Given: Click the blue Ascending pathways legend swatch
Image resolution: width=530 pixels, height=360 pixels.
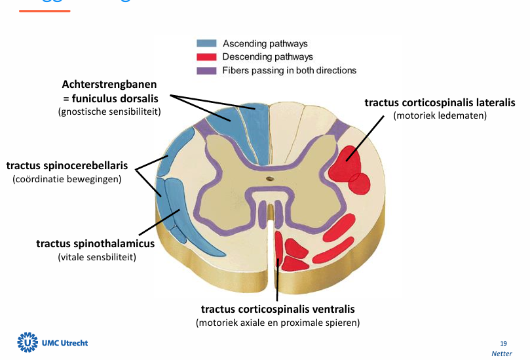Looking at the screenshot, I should click(x=206, y=44).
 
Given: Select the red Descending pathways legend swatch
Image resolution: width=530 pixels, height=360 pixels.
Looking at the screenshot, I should click(x=206, y=57).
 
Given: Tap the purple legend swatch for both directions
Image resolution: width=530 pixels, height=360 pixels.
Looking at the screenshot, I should click(x=206, y=70).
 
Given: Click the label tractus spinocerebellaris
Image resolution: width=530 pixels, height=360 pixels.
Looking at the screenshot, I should click(x=67, y=165).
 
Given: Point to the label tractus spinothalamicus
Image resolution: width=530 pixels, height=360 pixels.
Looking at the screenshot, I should click(x=95, y=244).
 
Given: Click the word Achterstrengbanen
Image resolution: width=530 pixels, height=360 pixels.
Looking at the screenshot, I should click(x=109, y=85).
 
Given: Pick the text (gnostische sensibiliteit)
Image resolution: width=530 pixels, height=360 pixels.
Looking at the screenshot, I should click(x=109, y=112).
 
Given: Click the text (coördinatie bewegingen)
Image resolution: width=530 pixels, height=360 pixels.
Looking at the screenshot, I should click(x=67, y=178).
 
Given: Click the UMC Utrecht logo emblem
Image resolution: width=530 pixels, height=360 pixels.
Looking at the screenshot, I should click(x=28, y=342).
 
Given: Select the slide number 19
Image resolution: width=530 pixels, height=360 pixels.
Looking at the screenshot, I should click(x=503, y=343).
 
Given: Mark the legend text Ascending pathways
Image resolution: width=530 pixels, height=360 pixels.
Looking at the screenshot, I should click(x=265, y=44).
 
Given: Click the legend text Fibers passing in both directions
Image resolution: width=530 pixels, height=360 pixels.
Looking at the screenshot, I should click(x=289, y=70).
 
